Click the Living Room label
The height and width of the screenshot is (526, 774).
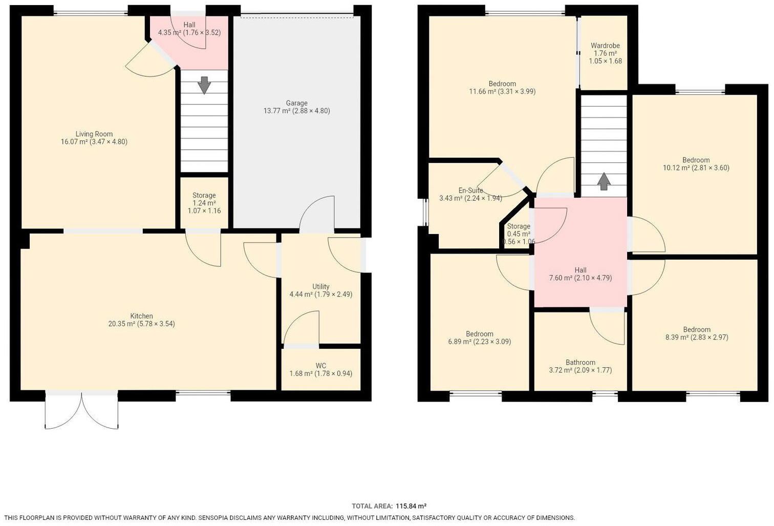click(x=94, y=134)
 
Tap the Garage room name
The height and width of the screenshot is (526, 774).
click(x=296, y=103)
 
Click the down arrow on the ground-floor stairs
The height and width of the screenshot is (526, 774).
click(x=204, y=85)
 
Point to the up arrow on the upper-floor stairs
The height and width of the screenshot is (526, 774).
click(x=604, y=181)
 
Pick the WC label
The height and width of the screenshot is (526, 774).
click(x=320, y=366)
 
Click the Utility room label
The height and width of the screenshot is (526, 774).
click(x=320, y=286)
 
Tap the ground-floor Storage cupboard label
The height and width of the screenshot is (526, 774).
click(x=204, y=195)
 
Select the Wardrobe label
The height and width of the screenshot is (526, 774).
click(x=605, y=46)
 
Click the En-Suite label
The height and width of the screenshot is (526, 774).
click(x=470, y=190)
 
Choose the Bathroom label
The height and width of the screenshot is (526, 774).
click(x=580, y=362)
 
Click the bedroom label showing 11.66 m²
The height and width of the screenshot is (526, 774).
click(x=502, y=84)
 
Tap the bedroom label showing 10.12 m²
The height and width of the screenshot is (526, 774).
click(x=696, y=160)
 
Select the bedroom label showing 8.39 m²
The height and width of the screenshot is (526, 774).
click(x=696, y=329)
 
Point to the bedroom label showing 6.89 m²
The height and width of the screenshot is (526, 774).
click(x=479, y=334)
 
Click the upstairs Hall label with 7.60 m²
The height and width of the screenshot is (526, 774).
click(x=580, y=270)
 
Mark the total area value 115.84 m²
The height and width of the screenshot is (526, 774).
click(x=411, y=506)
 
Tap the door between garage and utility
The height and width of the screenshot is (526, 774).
click(x=316, y=215)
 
